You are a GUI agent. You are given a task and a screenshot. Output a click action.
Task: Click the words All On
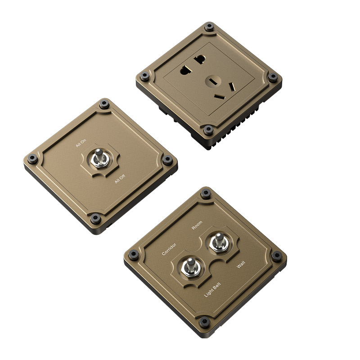[81, 143]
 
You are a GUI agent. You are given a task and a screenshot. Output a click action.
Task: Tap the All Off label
[120, 179]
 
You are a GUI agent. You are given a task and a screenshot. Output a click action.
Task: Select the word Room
[197, 225]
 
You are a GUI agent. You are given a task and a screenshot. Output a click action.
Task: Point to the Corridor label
[169, 249]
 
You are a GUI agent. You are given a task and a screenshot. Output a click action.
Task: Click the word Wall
[241, 265]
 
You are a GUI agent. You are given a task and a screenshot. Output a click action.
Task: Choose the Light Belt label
[212, 290]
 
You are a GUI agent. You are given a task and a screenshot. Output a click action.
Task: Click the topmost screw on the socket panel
[209, 27]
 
